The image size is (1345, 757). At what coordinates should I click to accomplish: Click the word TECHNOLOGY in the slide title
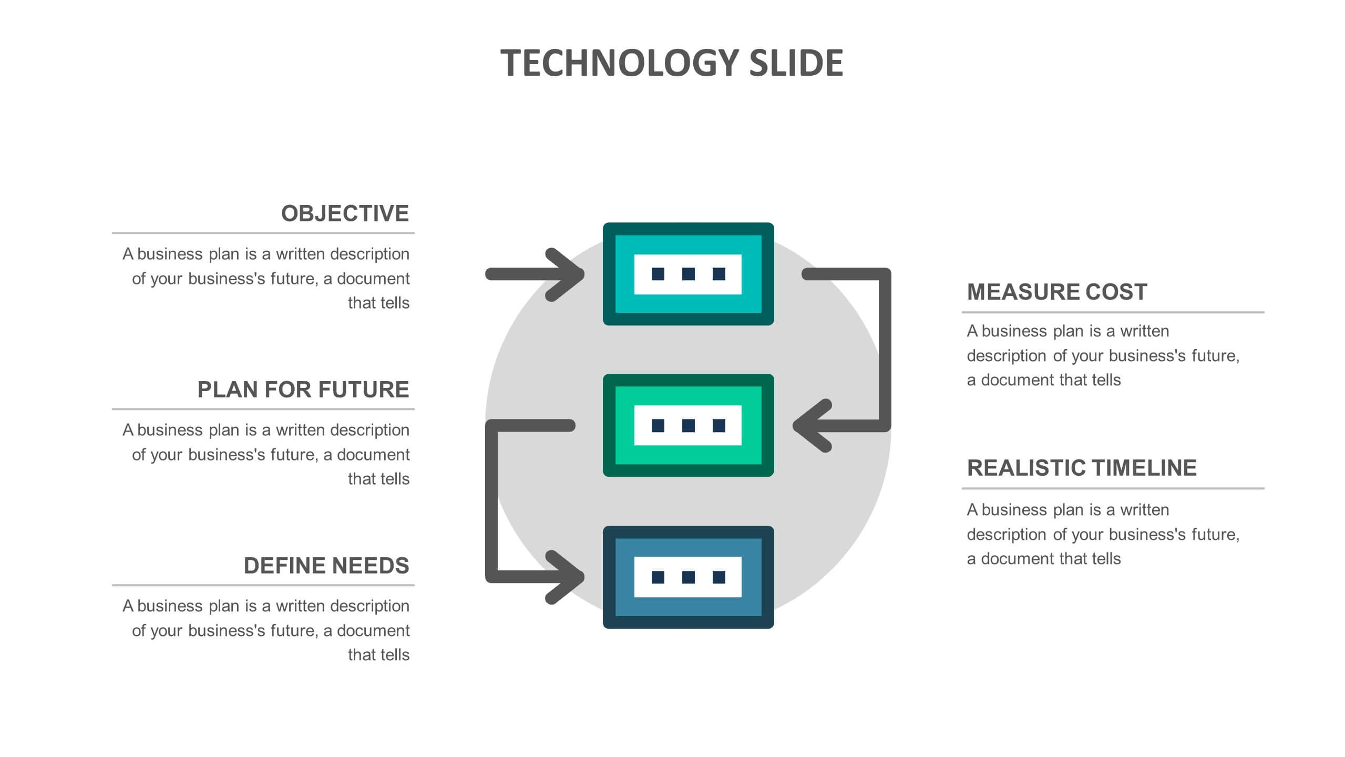click(620, 63)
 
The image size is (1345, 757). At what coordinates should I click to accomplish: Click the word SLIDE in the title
click(796, 63)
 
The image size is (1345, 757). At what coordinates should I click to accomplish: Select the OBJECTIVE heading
click(345, 213)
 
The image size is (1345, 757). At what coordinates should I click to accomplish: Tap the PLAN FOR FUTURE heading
click(303, 390)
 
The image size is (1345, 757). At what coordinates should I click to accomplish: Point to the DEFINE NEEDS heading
click(326, 566)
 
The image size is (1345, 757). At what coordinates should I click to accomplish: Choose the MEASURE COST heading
click(1057, 292)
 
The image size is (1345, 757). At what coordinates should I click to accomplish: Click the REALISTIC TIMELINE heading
click(1082, 468)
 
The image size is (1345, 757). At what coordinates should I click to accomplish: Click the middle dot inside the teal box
click(688, 274)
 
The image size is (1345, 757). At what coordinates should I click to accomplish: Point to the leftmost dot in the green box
click(658, 425)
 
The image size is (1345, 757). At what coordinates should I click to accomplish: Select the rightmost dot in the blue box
click(718, 577)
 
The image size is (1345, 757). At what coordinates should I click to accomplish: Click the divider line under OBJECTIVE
click(263, 232)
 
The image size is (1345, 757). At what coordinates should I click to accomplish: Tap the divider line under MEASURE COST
click(1113, 312)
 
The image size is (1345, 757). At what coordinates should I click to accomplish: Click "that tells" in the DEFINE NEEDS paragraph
click(378, 654)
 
